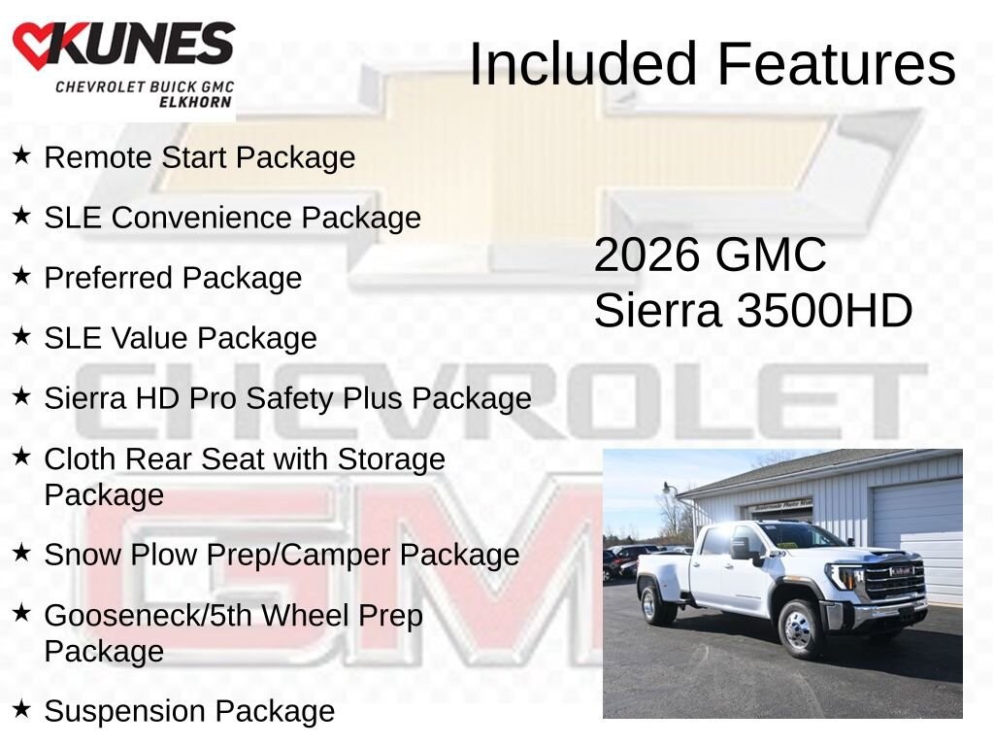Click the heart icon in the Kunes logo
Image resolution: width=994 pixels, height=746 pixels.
[34, 46]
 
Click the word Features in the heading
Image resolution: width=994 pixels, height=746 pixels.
[837, 64]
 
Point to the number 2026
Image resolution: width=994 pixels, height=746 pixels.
[646, 255]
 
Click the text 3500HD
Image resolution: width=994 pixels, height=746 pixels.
[824, 312]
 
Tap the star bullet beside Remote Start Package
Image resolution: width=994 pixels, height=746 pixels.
[21, 156]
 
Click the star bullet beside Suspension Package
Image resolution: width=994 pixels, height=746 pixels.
[21, 710]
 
